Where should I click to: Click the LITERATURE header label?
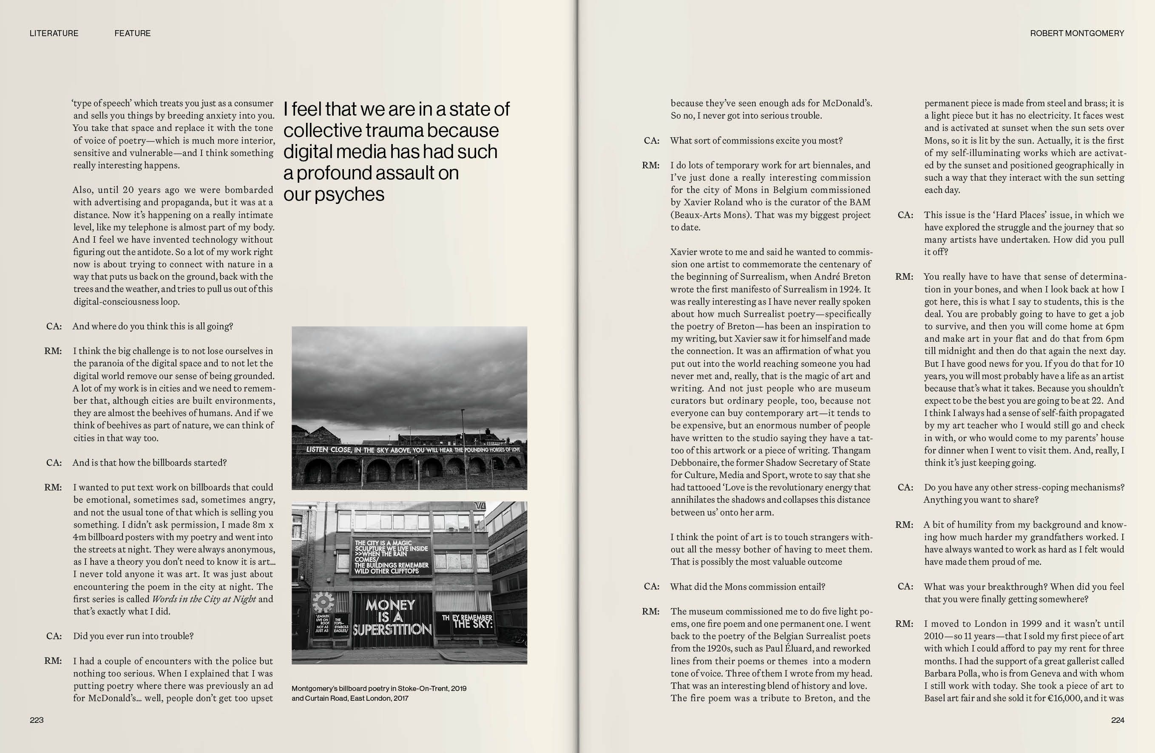pos(54,34)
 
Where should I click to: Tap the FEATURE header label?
pos(133,34)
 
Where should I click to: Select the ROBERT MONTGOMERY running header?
pos(1077,34)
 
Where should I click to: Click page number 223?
pos(37,720)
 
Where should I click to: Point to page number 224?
pos(1118,720)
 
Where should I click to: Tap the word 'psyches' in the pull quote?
pos(349,195)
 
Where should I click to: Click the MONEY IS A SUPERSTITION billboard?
pos(392,617)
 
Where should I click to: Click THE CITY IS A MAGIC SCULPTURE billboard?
pos(391,557)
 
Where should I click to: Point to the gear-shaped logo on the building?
pos(323,603)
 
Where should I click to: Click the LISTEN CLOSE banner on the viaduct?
pos(412,450)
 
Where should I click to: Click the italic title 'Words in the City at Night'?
pos(204,599)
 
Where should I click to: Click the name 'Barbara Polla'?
pos(952,674)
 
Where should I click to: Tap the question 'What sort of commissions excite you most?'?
pos(756,141)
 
